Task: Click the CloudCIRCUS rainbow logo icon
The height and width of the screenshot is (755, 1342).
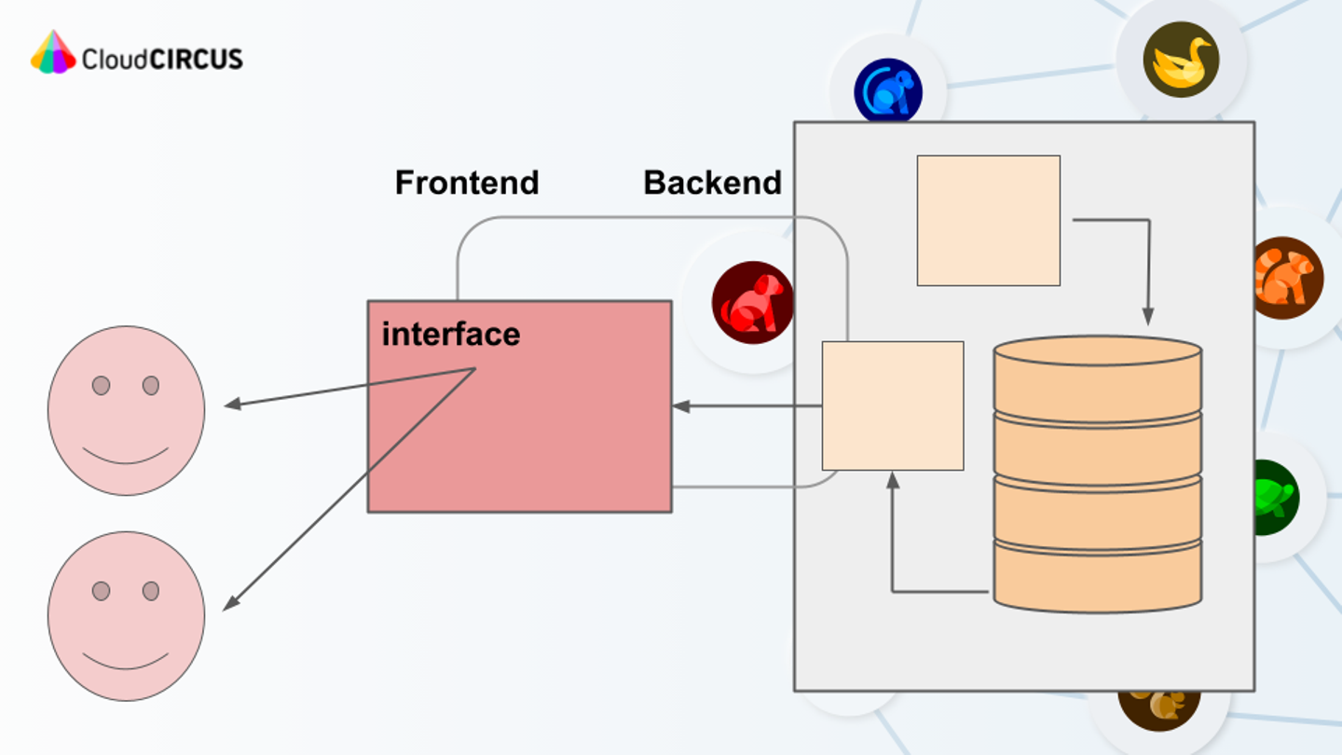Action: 52,52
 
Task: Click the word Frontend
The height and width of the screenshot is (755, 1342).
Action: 467,183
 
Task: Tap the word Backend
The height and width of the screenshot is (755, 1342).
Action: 712,183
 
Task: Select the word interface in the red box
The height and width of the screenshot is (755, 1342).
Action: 451,334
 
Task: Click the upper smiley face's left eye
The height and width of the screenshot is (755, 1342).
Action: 101,385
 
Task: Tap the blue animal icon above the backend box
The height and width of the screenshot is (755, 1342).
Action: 888,91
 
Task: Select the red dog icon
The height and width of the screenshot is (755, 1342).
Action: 752,303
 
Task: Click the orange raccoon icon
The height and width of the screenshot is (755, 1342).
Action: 1286,277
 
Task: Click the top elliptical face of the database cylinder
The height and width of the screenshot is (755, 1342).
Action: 1097,350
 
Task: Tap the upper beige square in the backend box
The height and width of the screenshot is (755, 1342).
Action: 988,220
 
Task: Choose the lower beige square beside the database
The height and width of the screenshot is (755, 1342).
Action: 892,405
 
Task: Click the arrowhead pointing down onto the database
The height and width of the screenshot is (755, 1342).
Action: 1148,317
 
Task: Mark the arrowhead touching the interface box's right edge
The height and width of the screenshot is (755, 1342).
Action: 681,406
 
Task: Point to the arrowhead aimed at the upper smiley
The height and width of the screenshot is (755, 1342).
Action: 233,405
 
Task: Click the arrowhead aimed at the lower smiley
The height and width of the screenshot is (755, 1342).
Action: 230,604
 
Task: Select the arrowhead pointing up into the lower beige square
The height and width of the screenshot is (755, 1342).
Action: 892,480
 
